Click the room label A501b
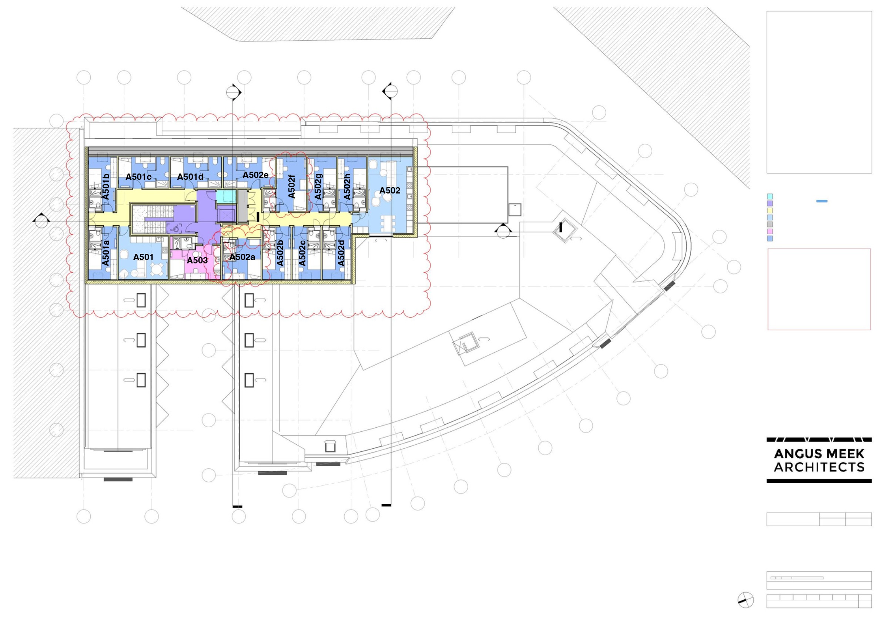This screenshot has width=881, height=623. click(105, 187)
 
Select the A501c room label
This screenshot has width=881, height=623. click(138, 177)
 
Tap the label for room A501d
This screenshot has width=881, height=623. click(190, 177)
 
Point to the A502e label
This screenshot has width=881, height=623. click(256, 175)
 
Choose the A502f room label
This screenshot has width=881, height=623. click(292, 186)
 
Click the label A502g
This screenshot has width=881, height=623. click(318, 187)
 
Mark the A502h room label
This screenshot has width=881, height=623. click(347, 187)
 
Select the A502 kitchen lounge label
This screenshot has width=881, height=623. click(390, 190)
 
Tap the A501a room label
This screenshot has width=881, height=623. click(105, 253)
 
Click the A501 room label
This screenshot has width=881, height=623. click(143, 257)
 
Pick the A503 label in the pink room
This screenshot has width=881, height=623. click(197, 260)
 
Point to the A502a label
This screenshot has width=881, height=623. click(242, 257)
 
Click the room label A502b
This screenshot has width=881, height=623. click(280, 253)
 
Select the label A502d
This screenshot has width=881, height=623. click(341, 253)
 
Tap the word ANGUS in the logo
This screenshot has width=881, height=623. click(794, 454)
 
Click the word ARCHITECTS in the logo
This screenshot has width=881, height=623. click(819, 467)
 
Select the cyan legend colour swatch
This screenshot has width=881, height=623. click(769, 196)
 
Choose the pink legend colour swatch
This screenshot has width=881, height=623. click(769, 231)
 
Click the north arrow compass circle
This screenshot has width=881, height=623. click(746, 600)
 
